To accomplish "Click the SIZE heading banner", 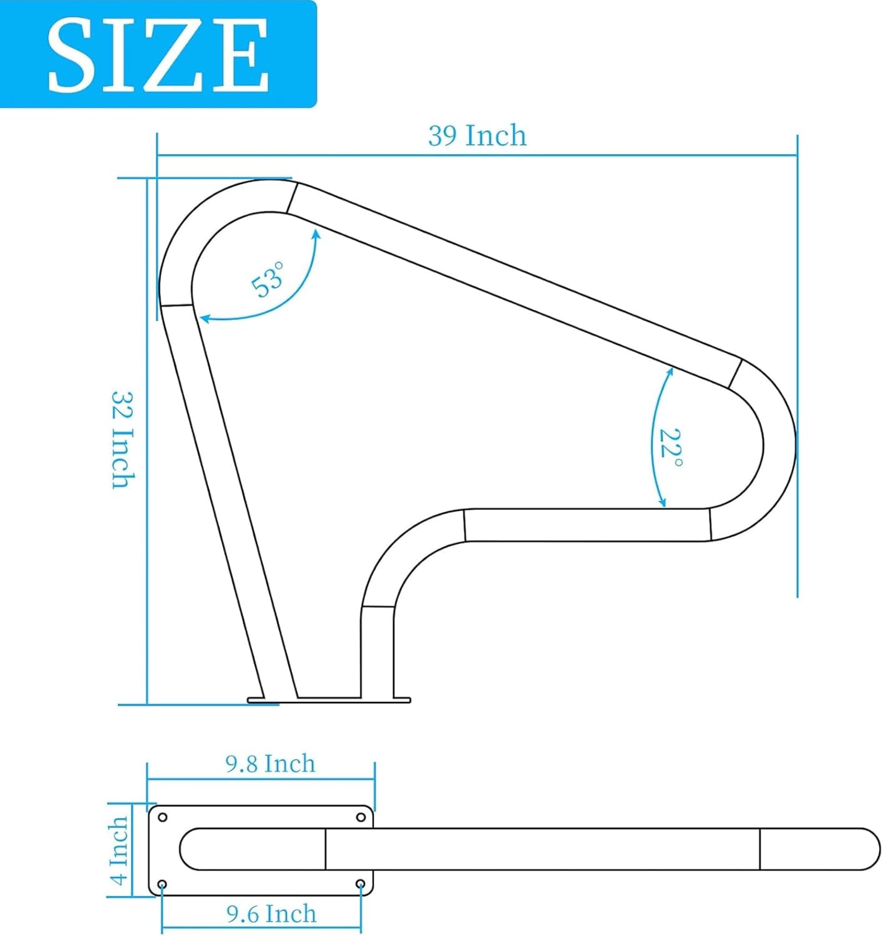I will (x=158, y=55).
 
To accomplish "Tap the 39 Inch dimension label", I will (x=477, y=135).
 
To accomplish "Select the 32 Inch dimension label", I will (x=123, y=440).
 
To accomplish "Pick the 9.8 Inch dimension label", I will (x=270, y=764).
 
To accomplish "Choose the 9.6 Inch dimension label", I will (x=271, y=914).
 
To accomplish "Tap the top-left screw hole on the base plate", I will (x=163, y=817).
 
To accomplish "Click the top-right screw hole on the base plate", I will (x=361, y=817).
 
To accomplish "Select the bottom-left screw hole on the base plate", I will (x=162, y=884).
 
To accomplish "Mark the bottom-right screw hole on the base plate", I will (x=360, y=884).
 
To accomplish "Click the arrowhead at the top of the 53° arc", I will (x=317, y=233).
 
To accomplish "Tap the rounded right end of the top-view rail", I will (x=867, y=849).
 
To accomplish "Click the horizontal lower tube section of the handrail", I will (x=587, y=525).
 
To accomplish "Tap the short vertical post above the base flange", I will (x=378, y=652).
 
